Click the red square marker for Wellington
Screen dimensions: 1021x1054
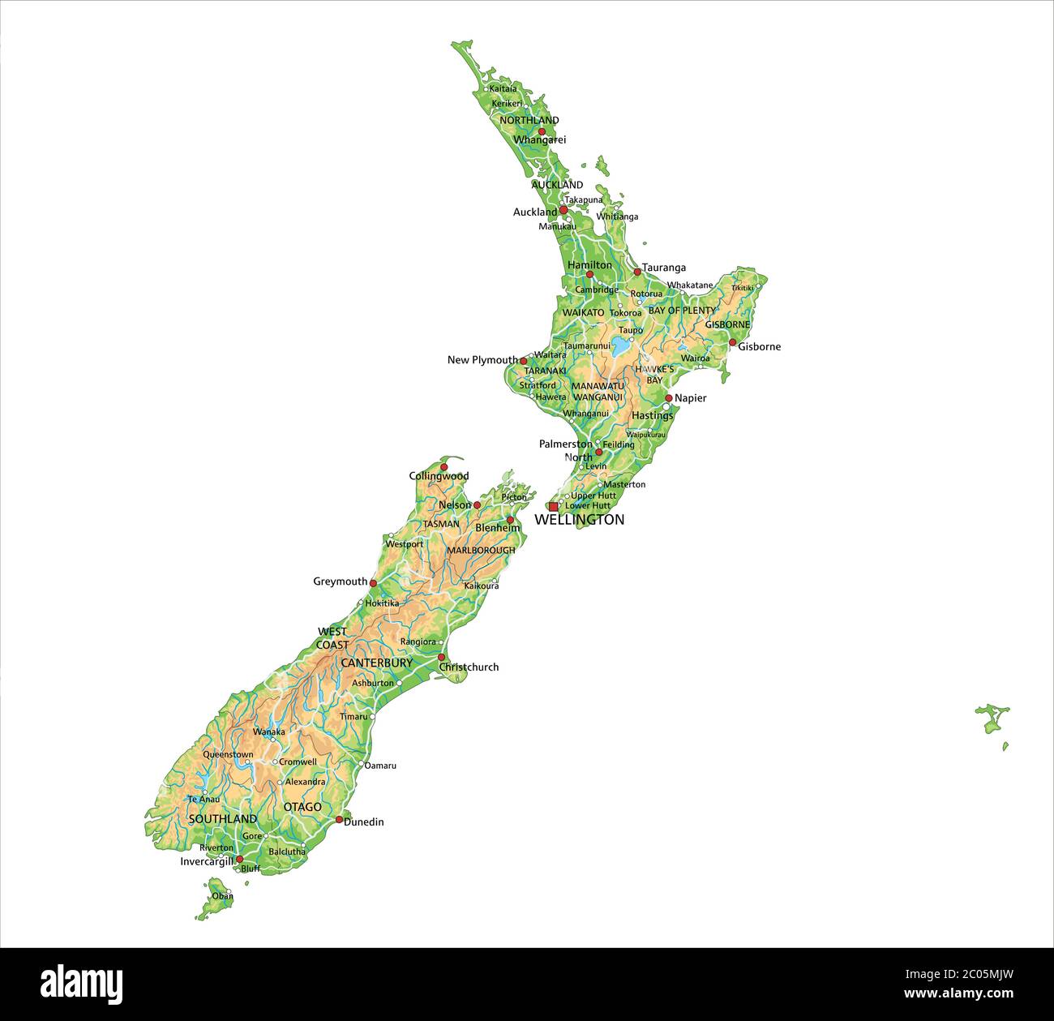click(x=553, y=506)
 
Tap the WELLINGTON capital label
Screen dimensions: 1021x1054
click(x=579, y=520)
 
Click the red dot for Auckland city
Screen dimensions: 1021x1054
click(x=563, y=209)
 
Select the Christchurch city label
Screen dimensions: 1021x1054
click(x=469, y=667)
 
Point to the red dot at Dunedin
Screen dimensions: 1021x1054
click(x=339, y=820)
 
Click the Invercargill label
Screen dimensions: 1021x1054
click(x=207, y=861)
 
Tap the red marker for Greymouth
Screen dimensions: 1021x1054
click(x=373, y=582)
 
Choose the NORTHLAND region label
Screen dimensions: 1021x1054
click(x=529, y=120)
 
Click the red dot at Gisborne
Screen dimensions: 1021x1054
click(x=732, y=343)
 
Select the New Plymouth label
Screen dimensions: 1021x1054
click(x=482, y=359)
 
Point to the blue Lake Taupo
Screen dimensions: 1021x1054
click(x=621, y=348)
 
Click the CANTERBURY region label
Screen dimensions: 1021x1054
click(x=376, y=663)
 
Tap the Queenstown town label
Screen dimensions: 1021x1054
click(x=228, y=754)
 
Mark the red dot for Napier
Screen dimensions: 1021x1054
click(x=669, y=398)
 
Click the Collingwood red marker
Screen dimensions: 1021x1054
click(x=443, y=467)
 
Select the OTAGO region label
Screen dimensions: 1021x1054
click(x=302, y=807)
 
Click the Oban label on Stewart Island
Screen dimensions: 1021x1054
click(x=222, y=896)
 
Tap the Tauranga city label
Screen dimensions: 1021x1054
click(x=663, y=268)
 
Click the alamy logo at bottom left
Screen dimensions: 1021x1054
click(x=82, y=984)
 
